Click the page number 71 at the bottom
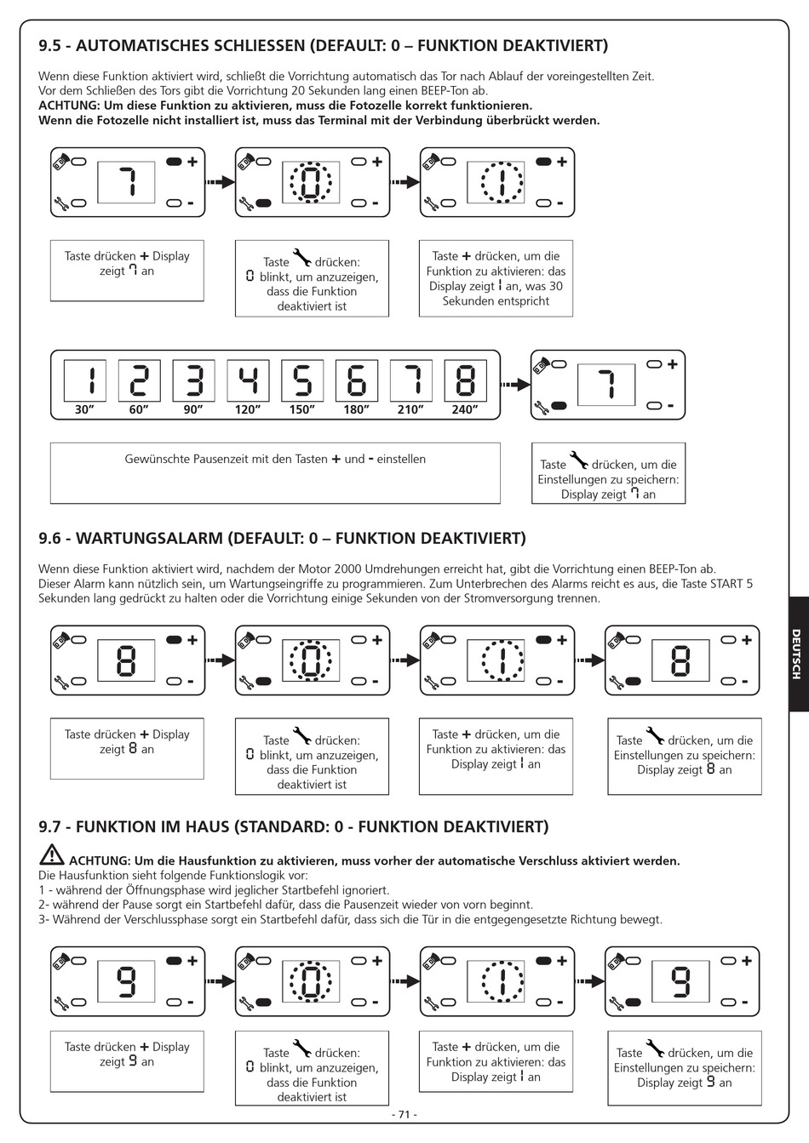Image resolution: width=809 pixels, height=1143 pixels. click(404, 1114)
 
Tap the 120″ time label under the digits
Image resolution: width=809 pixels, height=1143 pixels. click(248, 410)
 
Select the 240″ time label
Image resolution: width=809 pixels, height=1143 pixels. click(464, 410)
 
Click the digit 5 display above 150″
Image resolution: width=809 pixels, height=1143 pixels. click(302, 380)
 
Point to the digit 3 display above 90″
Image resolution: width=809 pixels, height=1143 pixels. click(194, 380)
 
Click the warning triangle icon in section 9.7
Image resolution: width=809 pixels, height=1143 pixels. click(51, 856)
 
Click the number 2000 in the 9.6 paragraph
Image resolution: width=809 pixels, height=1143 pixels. click(353, 569)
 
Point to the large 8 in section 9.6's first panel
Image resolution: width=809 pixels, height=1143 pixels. click(127, 660)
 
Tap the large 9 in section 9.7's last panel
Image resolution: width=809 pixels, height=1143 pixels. click(680, 980)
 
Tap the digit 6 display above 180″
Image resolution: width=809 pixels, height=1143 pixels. click(357, 380)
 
